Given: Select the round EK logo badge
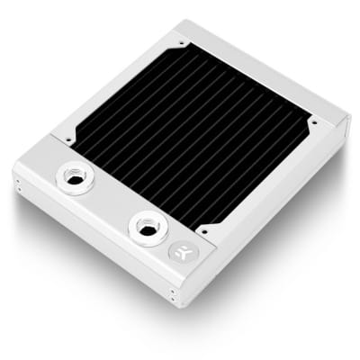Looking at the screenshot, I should point(179,252).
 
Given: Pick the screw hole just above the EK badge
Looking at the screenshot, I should point(203,229).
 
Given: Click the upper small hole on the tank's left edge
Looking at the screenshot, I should point(17,180).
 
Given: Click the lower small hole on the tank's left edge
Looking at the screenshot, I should point(17,189).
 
